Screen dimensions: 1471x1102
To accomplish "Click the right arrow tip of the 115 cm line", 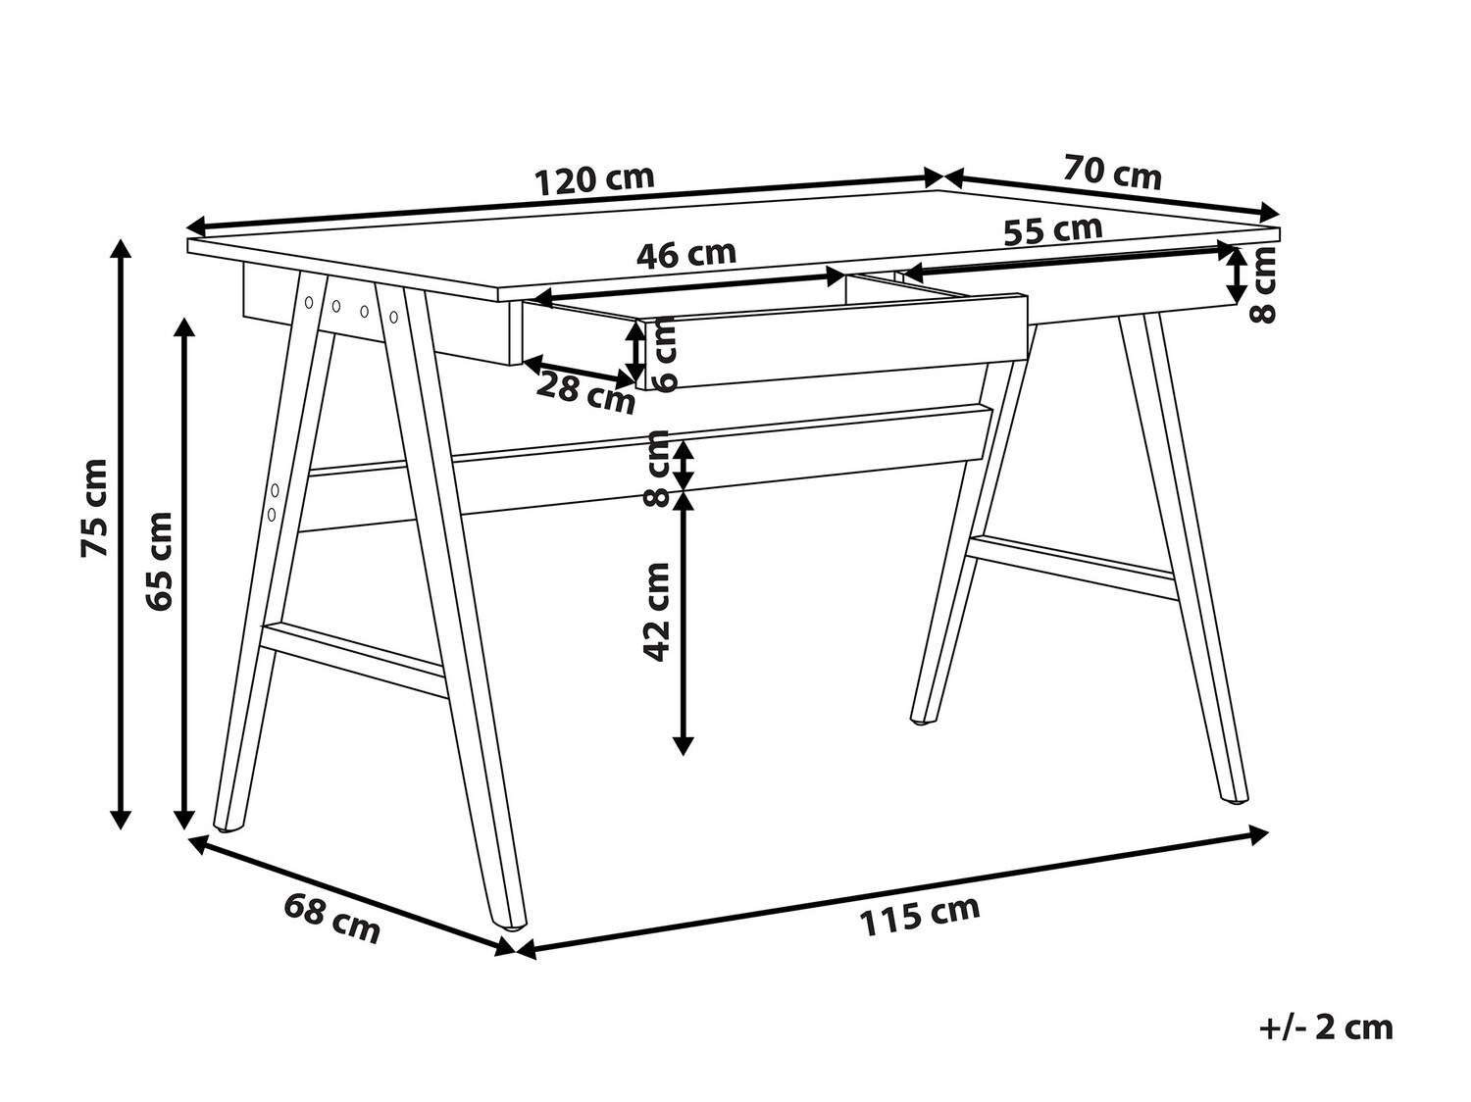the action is (x=1269, y=834).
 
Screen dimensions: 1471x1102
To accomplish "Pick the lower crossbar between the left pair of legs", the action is (x=353, y=661).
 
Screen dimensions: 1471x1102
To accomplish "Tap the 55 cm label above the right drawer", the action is (x=1052, y=229).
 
